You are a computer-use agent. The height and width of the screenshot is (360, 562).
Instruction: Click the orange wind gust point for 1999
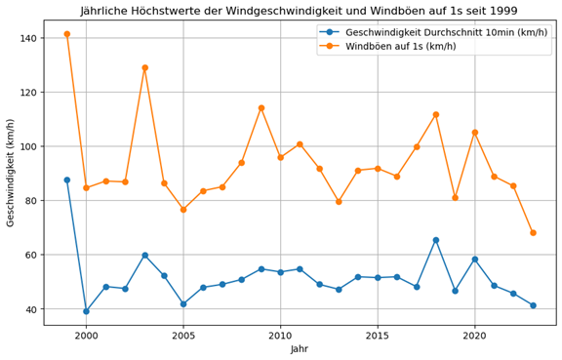click(67, 34)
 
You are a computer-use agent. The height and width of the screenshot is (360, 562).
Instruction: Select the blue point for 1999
click(67, 180)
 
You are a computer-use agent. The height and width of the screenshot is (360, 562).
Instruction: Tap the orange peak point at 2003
click(144, 67)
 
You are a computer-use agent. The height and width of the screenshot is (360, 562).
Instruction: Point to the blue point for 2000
click(87, 311)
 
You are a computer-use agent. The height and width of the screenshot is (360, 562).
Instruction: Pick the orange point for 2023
click(533, 233)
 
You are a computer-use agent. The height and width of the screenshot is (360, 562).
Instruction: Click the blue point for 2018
click(436, 240)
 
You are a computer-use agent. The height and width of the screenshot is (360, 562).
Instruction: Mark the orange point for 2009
click(261, 108)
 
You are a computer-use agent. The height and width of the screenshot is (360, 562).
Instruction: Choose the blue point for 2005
click(183, 304)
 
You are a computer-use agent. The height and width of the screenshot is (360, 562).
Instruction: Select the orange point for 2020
click(475, 133)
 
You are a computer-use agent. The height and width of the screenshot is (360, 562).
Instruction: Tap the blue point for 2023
click(533, 305)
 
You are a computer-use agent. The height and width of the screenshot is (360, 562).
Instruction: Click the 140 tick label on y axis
click(29, 38)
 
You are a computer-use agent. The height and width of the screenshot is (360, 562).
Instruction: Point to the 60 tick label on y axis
click(32, 255)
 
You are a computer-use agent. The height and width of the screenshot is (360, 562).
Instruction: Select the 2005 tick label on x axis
click(183, 336)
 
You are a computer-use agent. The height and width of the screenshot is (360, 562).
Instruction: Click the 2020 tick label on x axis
click(475, 336)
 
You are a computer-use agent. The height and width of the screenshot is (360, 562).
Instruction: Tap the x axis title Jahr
click(300, 349)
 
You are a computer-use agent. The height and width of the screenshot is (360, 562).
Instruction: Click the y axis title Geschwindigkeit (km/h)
click(10, 173)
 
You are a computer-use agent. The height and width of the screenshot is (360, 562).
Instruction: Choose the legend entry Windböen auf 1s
click(401, 46)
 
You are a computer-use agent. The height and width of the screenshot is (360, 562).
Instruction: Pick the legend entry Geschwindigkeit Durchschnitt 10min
click(446, 32)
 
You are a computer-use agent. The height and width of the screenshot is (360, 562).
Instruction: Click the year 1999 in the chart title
click(503, 11)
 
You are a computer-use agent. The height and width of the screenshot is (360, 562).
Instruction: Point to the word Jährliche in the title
click(103, 11)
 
